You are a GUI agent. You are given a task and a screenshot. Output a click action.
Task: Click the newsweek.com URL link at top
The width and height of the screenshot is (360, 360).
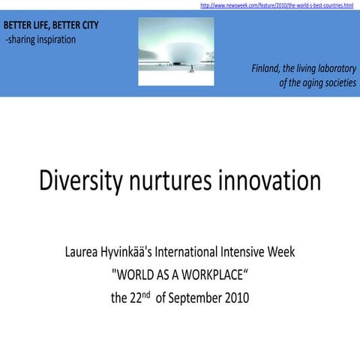(277, 5)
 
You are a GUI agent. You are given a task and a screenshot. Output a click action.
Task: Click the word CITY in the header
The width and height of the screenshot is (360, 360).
(86, 25)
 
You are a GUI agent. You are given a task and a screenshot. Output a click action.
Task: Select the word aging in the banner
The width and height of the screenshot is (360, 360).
(301, 83)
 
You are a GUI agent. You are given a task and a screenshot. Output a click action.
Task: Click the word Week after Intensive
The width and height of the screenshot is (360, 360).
(282, 252)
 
